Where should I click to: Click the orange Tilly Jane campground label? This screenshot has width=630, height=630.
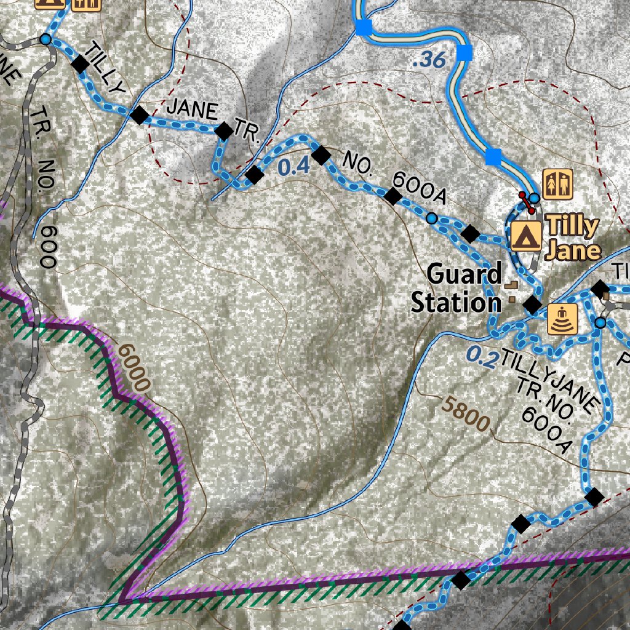[573, 238]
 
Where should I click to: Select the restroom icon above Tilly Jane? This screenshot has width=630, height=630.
[558, 184]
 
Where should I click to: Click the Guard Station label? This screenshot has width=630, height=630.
[456, 288]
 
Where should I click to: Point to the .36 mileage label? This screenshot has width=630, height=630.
[429, 60]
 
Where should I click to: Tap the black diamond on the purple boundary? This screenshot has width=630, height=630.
[461, 580]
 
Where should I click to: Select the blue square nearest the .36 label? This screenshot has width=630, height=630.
[465, 54]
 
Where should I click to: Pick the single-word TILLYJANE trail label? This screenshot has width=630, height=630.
[550, 379]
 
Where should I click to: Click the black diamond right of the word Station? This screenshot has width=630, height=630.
[532, 304]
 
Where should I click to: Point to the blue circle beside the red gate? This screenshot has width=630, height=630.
[535, 198]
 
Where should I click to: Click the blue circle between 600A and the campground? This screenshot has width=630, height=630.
[432, 218]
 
